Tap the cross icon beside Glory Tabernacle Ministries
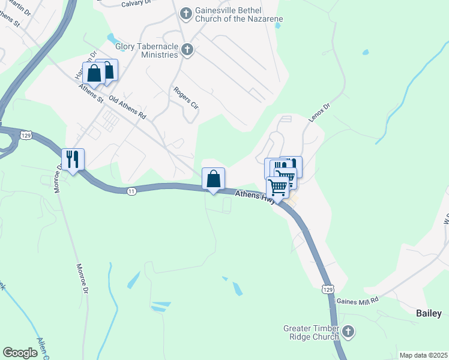187,50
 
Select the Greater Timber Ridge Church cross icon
348,331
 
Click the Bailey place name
429,313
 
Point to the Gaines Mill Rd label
358,301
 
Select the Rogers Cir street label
185,98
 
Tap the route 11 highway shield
131,191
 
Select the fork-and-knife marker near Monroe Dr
73,160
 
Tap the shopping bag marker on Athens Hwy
213,179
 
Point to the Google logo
20,353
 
